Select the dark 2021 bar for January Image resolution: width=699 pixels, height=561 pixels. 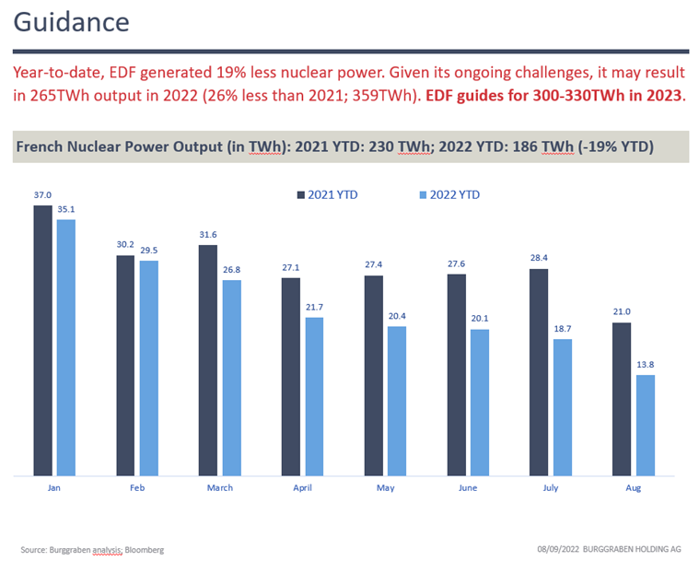42,340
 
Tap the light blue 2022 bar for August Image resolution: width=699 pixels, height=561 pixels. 646,425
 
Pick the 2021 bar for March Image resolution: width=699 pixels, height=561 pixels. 208,360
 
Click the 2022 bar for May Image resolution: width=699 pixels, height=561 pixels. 397,401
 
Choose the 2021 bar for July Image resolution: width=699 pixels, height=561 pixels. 539,372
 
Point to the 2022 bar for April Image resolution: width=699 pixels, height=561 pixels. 314,396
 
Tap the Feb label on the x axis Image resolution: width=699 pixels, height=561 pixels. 135,487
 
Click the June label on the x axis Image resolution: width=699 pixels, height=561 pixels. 467,487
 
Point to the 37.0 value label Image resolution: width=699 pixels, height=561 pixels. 42,195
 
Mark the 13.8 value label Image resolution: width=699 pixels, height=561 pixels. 646,365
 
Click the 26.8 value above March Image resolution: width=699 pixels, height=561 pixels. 231,270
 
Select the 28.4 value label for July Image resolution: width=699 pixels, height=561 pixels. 539,259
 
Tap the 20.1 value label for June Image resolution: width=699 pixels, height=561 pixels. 480,320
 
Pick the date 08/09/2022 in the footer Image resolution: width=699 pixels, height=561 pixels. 563,549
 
